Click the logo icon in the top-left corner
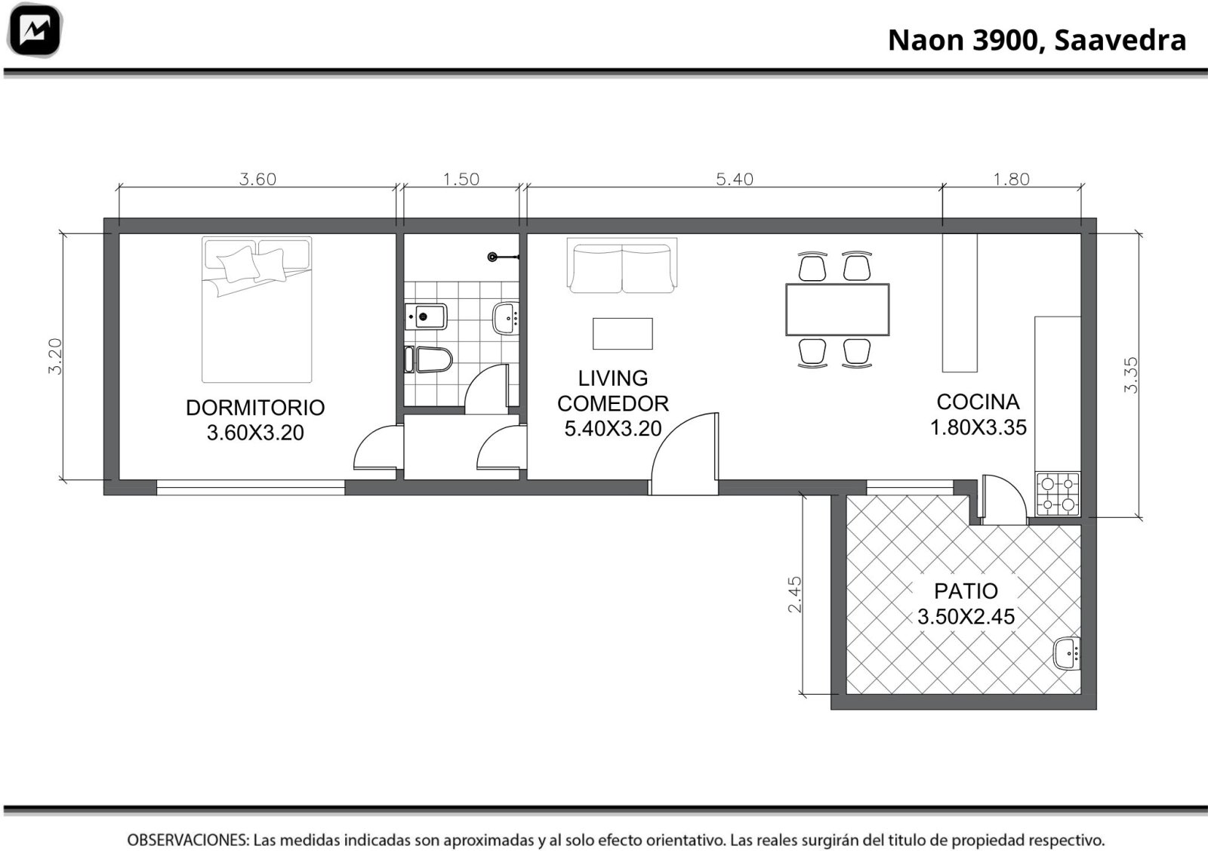tap(35, 30)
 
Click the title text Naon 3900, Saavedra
tap(1037, 40)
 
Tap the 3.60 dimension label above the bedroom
tap(257, 179)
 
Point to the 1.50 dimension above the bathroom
tap(461, 179)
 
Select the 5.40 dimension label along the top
tap(735, 179)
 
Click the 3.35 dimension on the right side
tap(1131, 375)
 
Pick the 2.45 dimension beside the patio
tap(795, 594)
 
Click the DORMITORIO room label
tap(255, 408)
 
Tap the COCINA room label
tap(978, 402)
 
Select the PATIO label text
tap(966, 591)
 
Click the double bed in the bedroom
tap(257, 310)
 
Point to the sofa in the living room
tap(622, 265)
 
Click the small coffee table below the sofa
tap(622, 334)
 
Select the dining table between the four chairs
tap(837, 310)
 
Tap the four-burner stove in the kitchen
tap(1058, 494)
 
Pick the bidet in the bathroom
tap(426, 316)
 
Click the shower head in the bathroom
tap(492, 257)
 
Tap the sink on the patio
tap(1067, 654)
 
